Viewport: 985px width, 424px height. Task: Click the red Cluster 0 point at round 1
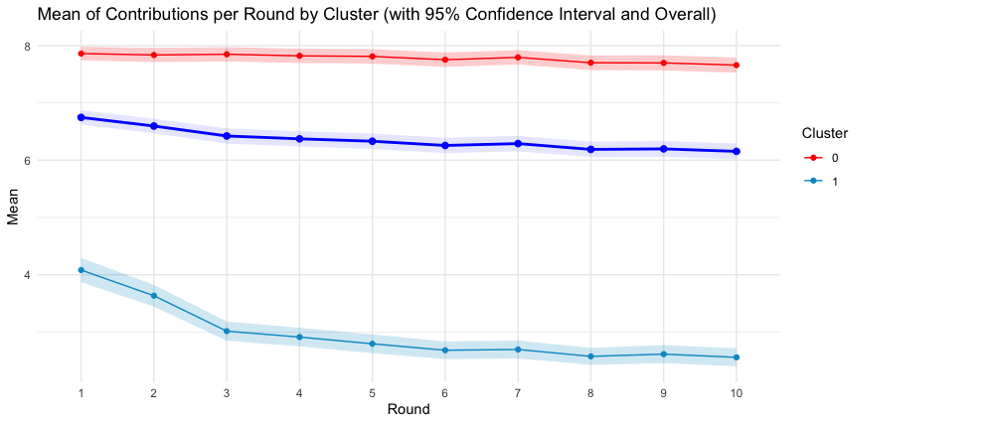coord(81,54)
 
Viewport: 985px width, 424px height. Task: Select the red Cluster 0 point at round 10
coord(737,66)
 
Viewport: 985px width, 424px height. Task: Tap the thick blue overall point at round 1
coord(81,117)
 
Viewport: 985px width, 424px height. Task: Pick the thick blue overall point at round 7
coord(518,144)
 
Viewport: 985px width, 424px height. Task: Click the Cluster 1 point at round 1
coord(81,270)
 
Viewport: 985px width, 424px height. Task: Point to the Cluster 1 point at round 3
coord(227,331)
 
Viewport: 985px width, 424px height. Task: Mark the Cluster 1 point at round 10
coord(737,357)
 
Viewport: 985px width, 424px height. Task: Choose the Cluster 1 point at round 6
coord(445,351)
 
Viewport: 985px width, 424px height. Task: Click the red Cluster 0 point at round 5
coord(372,57)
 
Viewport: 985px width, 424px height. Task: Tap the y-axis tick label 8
coord(56,47)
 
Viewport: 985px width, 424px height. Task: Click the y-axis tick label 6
coord(56,161)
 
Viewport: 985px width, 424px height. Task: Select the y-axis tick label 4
coord(56,275)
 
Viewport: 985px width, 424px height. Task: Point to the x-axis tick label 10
coord(737,394)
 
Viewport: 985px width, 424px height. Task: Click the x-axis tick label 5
coord(372,394)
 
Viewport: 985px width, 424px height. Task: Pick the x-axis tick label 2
coord(153,394)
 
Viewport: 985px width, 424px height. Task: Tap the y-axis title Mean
coord(14,211)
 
